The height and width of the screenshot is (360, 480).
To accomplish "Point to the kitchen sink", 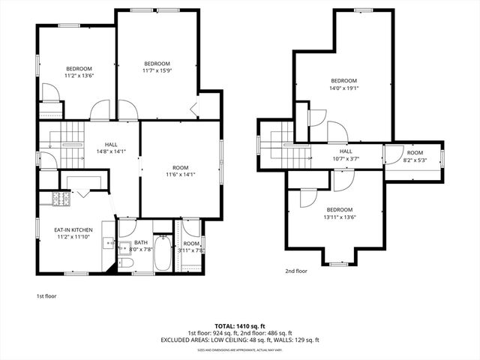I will tap(108, 242).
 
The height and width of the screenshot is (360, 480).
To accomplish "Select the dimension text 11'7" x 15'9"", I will tap(157, 70).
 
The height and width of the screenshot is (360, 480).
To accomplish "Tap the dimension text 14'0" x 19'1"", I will tap(343, 88).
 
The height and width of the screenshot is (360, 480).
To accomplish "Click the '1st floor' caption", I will tap(46, 295).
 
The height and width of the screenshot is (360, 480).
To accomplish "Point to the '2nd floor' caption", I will tap(295, 271).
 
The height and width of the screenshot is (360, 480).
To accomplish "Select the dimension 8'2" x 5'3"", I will tap(415, 160).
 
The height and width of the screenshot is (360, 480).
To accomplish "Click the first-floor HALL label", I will tap(111, 145).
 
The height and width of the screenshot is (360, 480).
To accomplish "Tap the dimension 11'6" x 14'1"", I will tap(179, 175).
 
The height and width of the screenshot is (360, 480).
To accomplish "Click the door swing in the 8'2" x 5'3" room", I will tap(392, 154).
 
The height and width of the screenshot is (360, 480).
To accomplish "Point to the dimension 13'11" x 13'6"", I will tap(338, 217).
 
